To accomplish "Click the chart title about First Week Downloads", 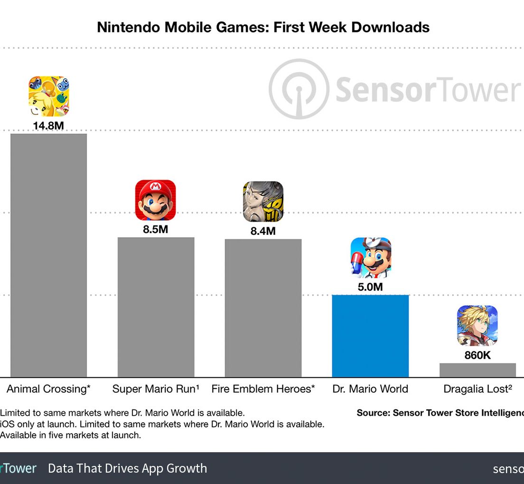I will tap(263, 27).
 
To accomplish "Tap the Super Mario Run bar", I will tap(156, 307).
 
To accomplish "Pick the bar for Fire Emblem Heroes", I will tap(263, 308).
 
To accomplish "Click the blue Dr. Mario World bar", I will tap(370, 336).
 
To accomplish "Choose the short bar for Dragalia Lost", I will tap(477, 370).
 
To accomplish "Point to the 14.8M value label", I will tap(48, 126).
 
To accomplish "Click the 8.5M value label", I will tap(155, 229).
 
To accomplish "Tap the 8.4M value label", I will tap(262, 231).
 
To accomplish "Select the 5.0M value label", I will tap(370, 287).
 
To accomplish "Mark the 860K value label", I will tap(477, 355).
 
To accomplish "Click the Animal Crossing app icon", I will tap(48, 96).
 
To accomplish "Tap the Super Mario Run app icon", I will tap(155, 200).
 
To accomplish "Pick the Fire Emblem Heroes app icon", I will tap(263, 202).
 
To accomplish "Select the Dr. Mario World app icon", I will tap(371, 258).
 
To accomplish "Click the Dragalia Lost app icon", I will tap(477, 326).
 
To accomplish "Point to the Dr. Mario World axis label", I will tap(370, 389).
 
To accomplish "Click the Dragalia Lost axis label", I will tap(477, 389).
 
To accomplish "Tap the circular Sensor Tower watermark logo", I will tap(299, 89).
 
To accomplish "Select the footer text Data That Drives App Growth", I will tap(127, 468).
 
